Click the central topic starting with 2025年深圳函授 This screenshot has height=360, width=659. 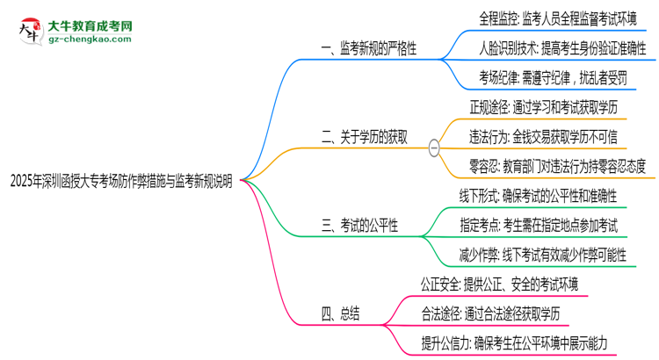coord(121,182)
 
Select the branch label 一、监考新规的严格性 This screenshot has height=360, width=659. coord(368,48)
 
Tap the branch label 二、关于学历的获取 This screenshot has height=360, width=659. coord(364,137)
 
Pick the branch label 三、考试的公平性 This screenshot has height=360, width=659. coord(359,226)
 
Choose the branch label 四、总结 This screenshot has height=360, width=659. coord(340,314)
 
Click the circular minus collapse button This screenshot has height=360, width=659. coord(434,148)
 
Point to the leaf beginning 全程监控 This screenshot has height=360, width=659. coord(558,19)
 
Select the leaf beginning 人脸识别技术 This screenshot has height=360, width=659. coord(562,48)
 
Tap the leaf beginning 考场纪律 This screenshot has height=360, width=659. coord(553,78)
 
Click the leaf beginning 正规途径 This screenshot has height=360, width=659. coord(543,107)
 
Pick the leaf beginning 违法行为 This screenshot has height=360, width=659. coord(543,137)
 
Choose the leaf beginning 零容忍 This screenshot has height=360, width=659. coord(557,167)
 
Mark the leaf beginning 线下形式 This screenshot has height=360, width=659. coord(538,196)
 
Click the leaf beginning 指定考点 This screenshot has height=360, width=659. coord(539,226)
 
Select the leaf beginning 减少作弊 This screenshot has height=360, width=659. coord(543,256)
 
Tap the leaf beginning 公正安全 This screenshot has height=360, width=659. coord(500,284)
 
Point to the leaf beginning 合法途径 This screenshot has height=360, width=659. coord(490,314)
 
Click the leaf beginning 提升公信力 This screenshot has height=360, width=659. coord(514,343)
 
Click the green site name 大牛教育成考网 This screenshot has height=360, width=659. coord(90,26)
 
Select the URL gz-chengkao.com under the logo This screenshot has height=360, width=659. coord(90,40)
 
